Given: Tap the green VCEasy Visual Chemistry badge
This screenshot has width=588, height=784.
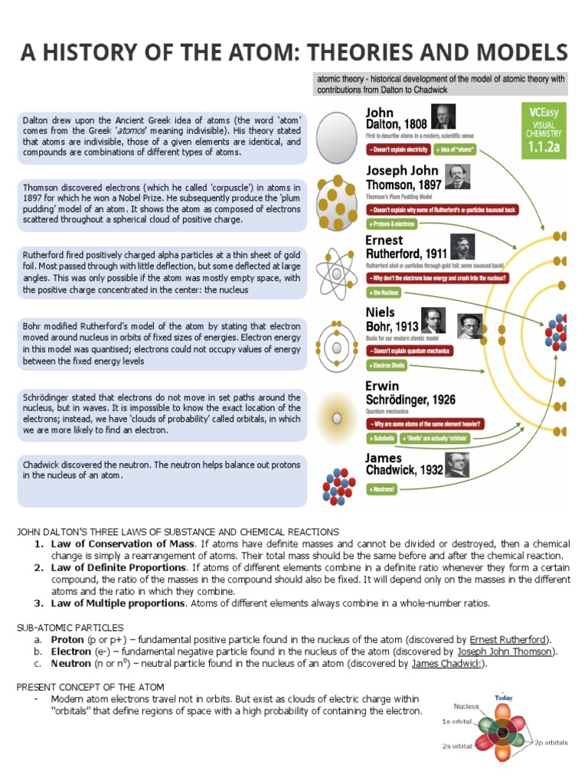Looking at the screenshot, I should tap(543, 130).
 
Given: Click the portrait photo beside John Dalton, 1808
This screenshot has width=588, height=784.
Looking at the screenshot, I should tap(443, 116).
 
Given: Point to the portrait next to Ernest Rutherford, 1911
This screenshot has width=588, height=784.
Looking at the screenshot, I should tap(462, 247).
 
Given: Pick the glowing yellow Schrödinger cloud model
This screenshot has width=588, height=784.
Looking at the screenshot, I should tap(335, 418).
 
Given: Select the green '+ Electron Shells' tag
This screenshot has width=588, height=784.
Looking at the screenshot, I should tap(387, 366).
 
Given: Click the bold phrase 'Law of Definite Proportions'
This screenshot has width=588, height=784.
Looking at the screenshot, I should tap(119, 567).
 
